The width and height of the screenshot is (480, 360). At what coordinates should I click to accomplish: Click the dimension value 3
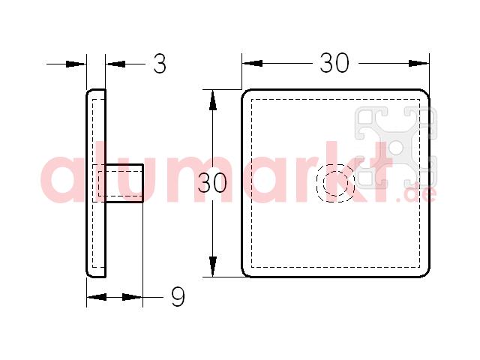tap(160, 64)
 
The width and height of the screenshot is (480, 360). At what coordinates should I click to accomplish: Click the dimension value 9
tap(178, 297)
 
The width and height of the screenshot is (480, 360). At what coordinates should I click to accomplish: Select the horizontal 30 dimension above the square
tap(334, 63)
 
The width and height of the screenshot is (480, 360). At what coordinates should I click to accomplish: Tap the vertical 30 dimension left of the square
tap(212, 183)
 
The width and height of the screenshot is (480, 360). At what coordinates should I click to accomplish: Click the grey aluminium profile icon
tap(396, 147)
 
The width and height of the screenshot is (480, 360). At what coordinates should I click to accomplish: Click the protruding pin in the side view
tap(124, 183)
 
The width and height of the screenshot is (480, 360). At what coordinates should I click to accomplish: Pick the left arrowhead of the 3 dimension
tap(76, 64)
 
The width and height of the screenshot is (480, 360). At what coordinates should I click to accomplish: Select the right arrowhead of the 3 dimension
tap(115, 64)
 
